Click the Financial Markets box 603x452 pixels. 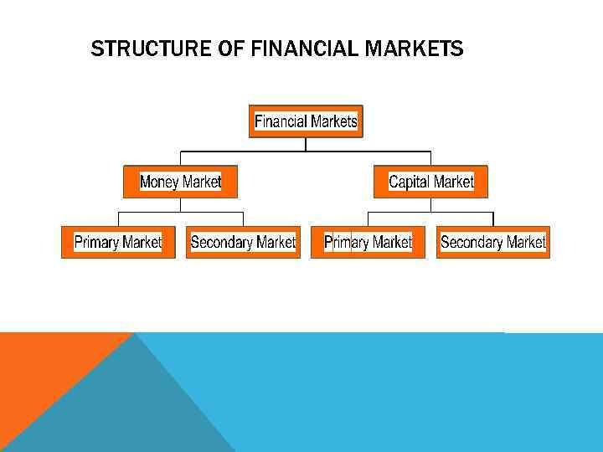306,121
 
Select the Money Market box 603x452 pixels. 180,182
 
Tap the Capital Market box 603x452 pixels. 430,182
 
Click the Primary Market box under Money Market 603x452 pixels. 118,242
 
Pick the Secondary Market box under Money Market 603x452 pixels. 243,242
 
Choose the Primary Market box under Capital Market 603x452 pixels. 368,242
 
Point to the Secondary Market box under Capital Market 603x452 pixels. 492,242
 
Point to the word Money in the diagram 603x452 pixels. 159,182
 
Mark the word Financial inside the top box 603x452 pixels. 281,121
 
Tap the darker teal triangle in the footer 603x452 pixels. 126,410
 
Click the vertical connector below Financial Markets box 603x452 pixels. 306,144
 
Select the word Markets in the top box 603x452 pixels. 334,121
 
